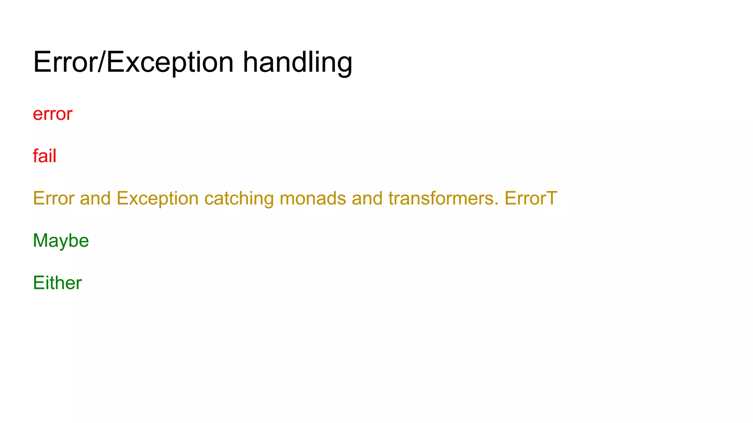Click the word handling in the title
click(x=297, y=62)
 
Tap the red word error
click(x=53, y=114)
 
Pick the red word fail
click(x=44, y=156)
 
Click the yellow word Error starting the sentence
click(x=54, y=199)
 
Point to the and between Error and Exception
click(x=95, y=199)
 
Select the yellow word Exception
click(x=158, y=199)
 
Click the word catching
click(x=239, y=199)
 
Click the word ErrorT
click(x=531, y=199)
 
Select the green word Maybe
click(x=61, y=241)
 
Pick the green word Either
click(x=57, y=283)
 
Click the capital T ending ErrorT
click(x=551, y=199)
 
